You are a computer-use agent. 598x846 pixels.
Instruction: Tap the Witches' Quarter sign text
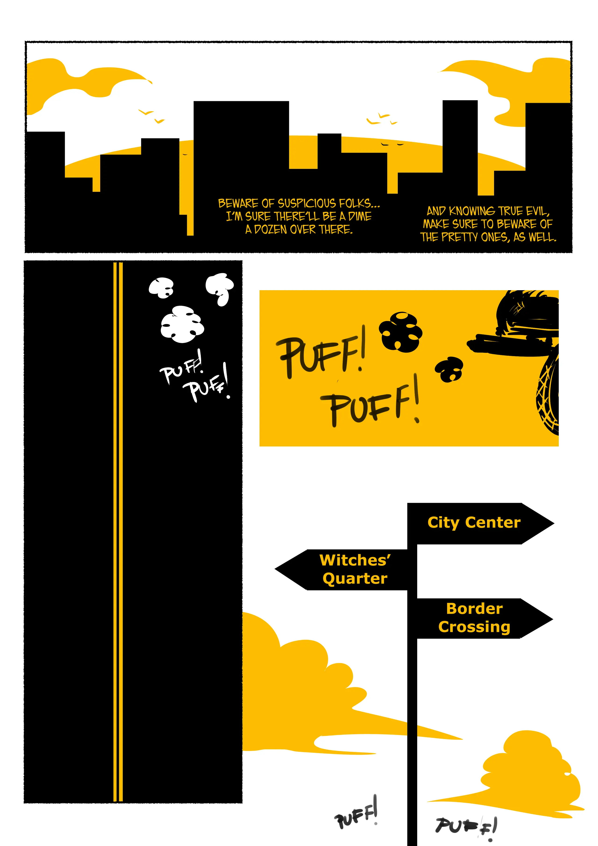pos(355,569)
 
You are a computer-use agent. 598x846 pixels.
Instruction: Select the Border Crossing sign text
pos(474,618)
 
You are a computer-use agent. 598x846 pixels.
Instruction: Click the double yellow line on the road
pos(118,531)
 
